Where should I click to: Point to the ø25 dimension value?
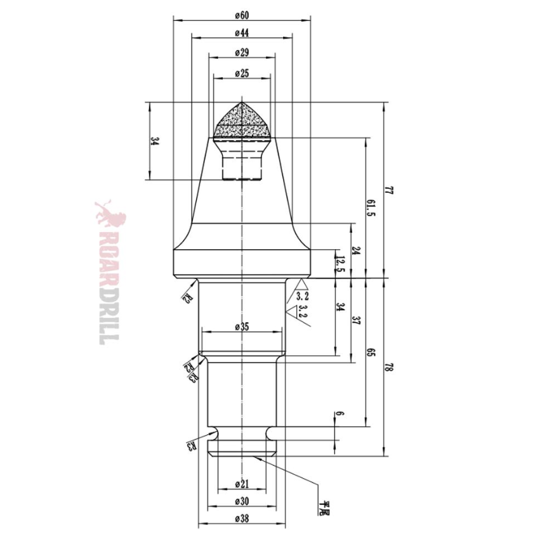pyautogui.click(x=241, y=74)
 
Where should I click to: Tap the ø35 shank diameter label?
pyautogui.click(x=241, y=327)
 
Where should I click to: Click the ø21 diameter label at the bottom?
pyautogui.click(x=241, y=484)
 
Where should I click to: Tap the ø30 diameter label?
pyautogui.click(x=241, y=502)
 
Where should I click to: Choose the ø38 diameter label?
pyautogui.click(x=241, y=519)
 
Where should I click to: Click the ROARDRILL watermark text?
pyautogui.click(x=109, y=273)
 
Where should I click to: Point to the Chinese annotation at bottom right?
pyautogui.click(x=327, y=507)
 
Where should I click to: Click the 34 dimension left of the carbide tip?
pyautogui.click(x=154, y=141)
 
